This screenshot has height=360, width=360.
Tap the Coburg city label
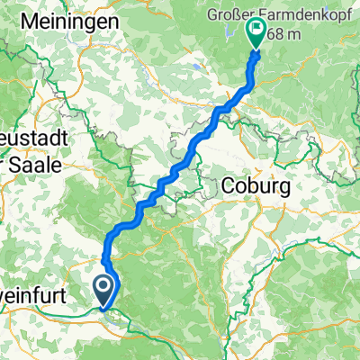point(252,186)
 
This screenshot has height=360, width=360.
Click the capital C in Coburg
point(226,186)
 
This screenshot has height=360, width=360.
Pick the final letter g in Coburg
point(279,188)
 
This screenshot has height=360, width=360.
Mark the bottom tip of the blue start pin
point(104,308)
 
